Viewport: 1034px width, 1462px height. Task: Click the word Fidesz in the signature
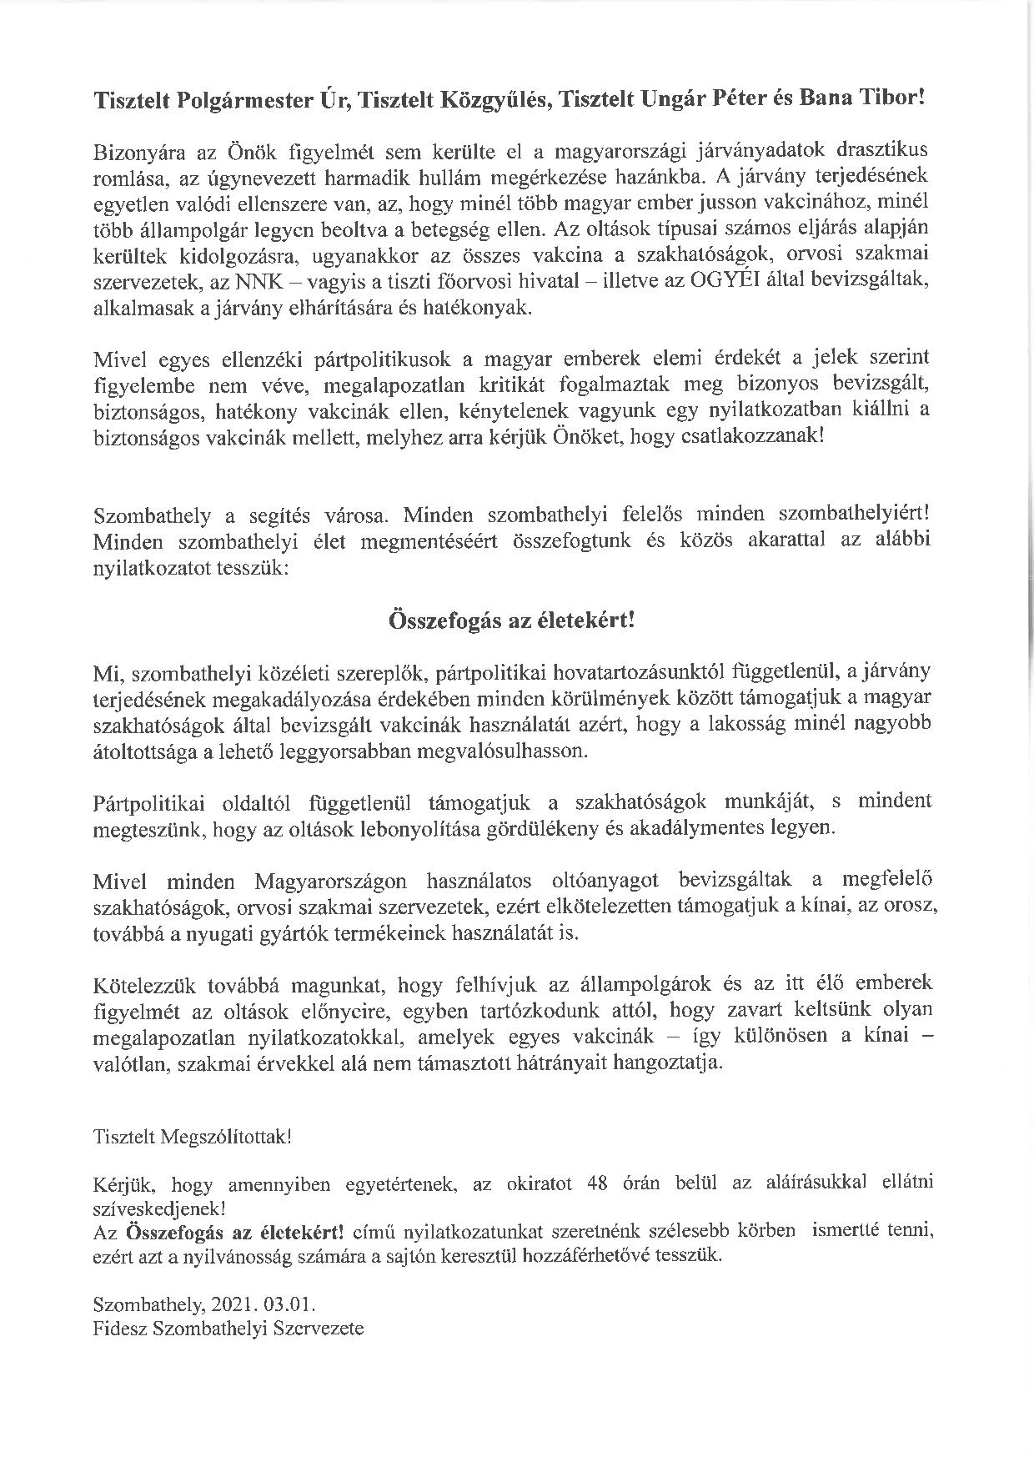click(119, 1329)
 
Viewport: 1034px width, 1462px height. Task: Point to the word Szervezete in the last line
click(319, 1329)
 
